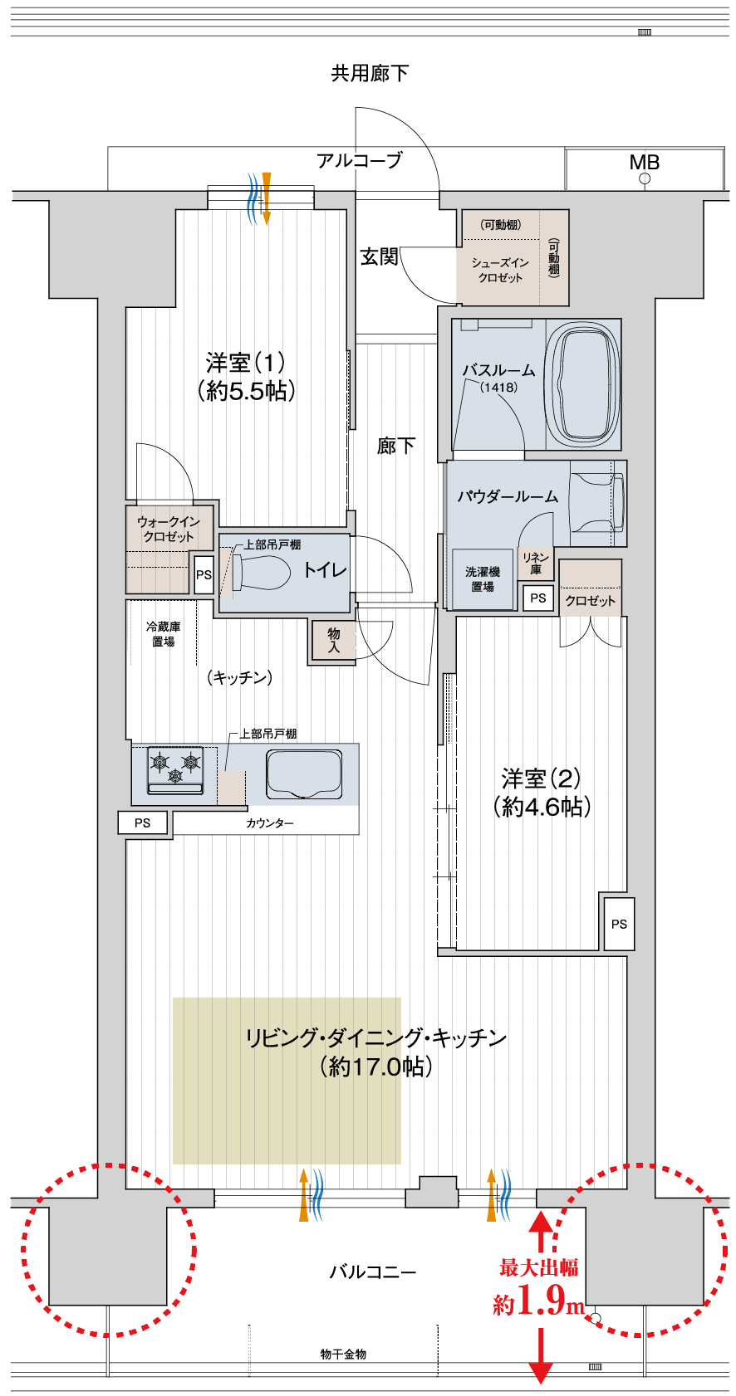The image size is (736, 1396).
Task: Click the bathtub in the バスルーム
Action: [x=583, y=384]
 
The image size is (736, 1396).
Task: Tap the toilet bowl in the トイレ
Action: [x=262, y=571]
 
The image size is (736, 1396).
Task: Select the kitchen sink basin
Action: [x=304, y=774]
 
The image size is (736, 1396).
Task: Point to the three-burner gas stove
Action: [x=175, y=770]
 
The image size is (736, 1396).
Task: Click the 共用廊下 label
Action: [x=370, y=74]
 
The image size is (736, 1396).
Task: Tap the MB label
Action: [x=645, y=162]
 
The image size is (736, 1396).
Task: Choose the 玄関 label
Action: [x=379, y=256]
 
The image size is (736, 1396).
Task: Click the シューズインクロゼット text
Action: [x=500, y=271]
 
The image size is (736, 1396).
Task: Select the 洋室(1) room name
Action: [x=246, y=362]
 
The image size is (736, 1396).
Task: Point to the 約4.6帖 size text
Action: [x=542, y=807]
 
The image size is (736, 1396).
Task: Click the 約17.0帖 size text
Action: [x=376, y=1067]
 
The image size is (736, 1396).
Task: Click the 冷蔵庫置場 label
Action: [x=164, y=634]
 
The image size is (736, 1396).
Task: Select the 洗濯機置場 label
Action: [x=483, y=579]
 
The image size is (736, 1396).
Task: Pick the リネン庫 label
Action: [x=536, y=563]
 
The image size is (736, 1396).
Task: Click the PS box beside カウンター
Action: [x=143, y=822]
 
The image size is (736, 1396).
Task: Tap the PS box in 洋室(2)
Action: [x=619, y=924]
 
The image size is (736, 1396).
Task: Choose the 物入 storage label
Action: [x=334, y=640]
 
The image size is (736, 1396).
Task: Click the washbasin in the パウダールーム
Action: [x=597, y=503]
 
